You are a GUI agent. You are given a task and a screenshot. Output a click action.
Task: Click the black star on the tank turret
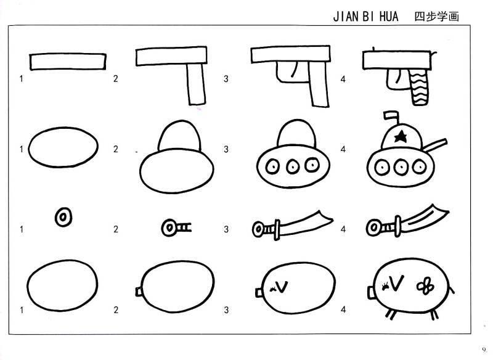401,136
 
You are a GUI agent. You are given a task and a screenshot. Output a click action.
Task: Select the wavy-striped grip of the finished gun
419,88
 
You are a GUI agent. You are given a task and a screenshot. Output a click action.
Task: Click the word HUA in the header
389,17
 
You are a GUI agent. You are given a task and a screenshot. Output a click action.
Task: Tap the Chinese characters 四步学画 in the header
437,17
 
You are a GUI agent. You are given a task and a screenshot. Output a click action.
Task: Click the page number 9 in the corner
484,349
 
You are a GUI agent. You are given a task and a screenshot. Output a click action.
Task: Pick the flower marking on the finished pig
425,286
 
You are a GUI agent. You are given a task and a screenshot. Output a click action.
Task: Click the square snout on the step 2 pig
139,292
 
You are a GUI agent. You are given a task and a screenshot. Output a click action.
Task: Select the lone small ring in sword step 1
63,217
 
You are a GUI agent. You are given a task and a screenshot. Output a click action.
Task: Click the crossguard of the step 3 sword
277,229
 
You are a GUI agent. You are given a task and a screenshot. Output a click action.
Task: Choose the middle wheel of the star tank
400,166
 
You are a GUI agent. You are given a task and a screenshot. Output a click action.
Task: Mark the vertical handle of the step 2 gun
196,84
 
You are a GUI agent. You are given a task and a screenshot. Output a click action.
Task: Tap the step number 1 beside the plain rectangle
22,79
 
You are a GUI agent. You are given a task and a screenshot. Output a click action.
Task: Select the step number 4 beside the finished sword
343,229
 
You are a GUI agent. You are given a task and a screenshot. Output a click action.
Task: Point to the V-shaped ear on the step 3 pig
282,287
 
